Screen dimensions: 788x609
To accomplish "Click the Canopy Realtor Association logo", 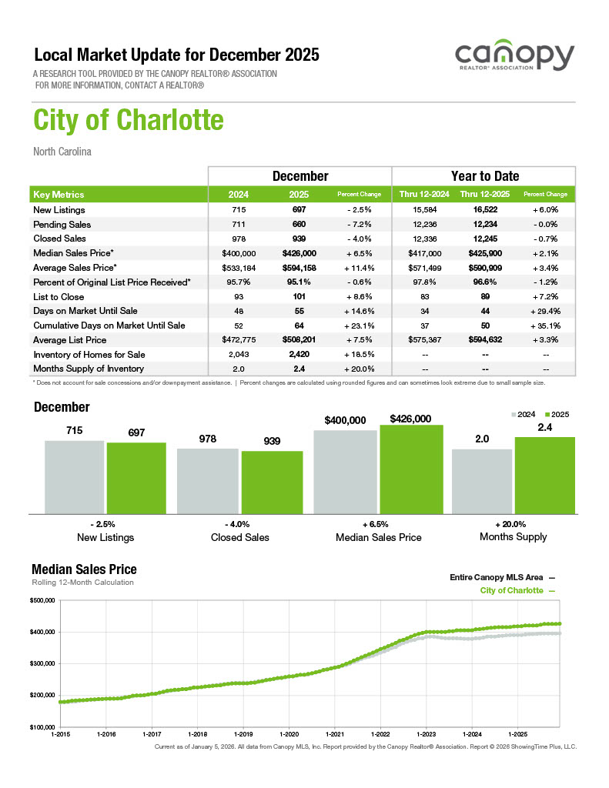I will coord(514,57).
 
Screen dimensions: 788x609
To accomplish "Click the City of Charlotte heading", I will coord(129,121).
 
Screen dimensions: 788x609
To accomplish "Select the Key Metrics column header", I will coord(59,195).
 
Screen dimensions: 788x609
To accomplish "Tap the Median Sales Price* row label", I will coord(74,253).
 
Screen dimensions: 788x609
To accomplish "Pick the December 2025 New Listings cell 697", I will coord(300,210).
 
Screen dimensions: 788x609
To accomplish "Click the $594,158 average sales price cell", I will coord(300,268).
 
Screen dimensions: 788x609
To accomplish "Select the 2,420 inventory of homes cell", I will coord(300,354).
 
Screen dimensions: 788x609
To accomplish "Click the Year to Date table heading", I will coord(484,176).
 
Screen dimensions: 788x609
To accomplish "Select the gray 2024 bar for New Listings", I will coord(74,476).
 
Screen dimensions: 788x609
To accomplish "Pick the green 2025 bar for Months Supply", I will coord(544,475).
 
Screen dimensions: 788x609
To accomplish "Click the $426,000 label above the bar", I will coord(411,419).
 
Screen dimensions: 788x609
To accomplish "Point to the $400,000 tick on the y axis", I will coord(42,632).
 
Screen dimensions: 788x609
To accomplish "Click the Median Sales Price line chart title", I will coord(84,569).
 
